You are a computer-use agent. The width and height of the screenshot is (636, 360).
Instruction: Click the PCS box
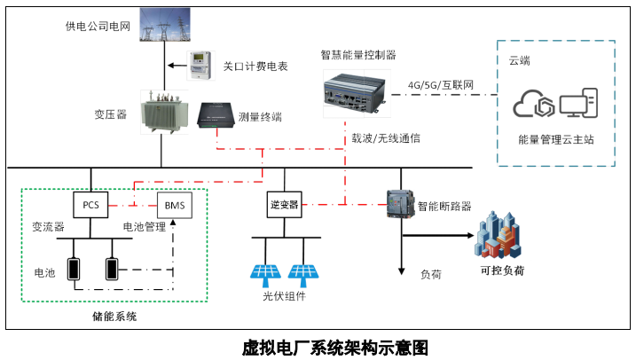90,205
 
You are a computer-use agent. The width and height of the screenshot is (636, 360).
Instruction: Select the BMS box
173,205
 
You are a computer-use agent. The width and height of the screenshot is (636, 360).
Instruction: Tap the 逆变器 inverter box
283,205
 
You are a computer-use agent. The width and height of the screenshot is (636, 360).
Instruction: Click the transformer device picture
161,113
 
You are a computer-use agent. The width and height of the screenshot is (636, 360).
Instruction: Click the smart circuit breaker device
400,205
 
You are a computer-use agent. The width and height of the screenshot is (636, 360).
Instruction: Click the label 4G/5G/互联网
441,85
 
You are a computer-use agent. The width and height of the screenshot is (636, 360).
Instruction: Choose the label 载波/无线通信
386,138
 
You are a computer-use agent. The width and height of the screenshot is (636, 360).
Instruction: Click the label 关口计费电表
255,66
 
